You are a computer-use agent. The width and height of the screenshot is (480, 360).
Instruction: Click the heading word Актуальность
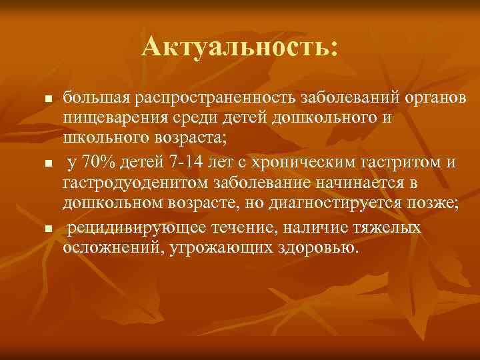(x=237, y=47)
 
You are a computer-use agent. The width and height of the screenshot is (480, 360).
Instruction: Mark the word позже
(x=436, y=203)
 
